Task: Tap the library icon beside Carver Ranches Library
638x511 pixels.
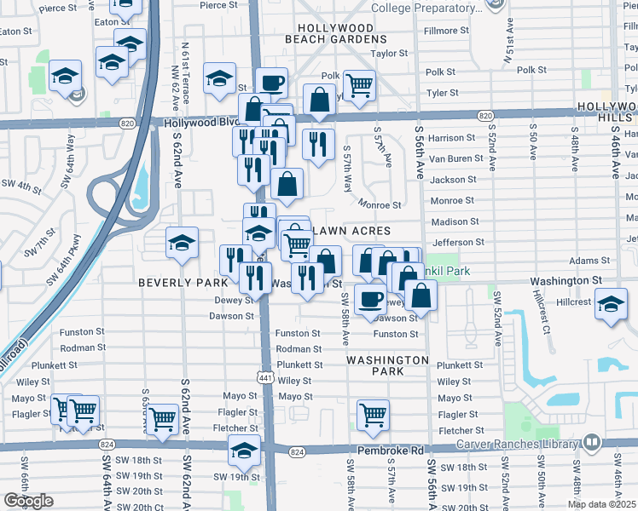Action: click(x=591, y=442)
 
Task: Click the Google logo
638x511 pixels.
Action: click(x=28, y=501)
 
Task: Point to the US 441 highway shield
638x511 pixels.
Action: click(x=266, y=376)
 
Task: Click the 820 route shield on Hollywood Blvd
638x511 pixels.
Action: click(x=484, y=115)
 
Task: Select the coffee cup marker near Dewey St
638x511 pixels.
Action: click(x=370, y=299)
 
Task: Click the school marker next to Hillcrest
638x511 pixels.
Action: click(x=611, y=304)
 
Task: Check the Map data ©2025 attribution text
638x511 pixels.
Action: click(x=601, y=504)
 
